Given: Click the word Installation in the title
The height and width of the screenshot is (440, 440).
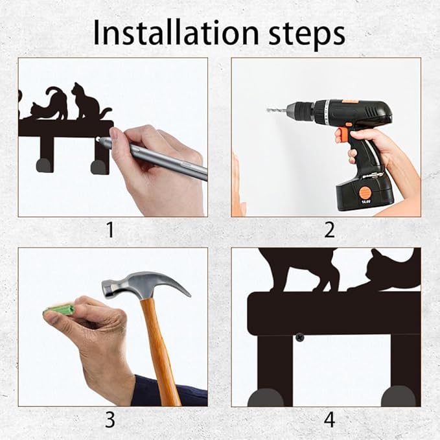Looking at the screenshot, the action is tap(176, 32).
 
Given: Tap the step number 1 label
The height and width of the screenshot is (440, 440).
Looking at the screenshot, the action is tap(110, 230).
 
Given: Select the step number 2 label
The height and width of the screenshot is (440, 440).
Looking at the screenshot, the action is tap(329, 230).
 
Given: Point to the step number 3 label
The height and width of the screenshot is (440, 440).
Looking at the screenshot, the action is tap(110, 420).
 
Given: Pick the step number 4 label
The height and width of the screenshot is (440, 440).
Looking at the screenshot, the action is tap(329, 420).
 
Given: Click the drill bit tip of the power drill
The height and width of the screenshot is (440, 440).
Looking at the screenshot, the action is tap(267, 110).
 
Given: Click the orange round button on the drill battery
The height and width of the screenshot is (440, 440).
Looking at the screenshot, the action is tap(365, 192).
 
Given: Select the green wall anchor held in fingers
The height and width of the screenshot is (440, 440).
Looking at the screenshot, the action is tap(59, 310).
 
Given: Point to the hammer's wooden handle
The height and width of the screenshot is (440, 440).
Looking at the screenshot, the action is tap(159, 351).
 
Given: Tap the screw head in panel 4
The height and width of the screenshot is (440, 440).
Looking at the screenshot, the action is tap(299, 338).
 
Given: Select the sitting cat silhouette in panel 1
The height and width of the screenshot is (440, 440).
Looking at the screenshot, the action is tap(89, 102).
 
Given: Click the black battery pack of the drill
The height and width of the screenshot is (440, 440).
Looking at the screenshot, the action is tap(365, 192).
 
